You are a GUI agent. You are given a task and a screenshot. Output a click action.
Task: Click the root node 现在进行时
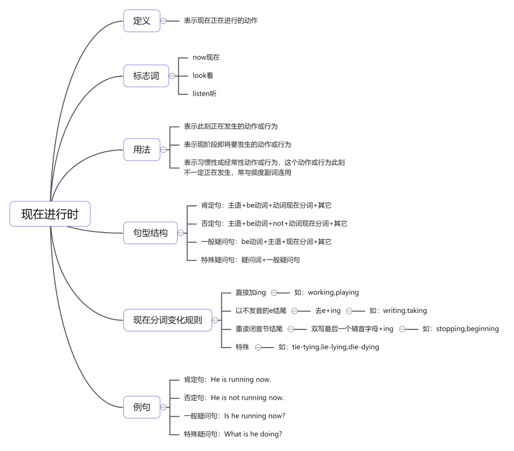coord(50,214)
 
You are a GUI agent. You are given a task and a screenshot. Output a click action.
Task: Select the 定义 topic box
coord(142,21)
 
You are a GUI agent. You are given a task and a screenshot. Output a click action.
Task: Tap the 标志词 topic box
coord(146,76)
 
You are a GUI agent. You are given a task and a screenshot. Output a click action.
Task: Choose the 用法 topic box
coord(142,150)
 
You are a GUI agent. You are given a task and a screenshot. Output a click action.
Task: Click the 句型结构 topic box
coord(151,233)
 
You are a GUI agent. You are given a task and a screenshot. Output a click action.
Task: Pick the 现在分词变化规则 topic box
coord(168,320)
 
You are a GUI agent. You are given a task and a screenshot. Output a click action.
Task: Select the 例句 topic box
coord(142,407)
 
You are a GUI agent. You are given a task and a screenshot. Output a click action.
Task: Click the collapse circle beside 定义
coord(163,21)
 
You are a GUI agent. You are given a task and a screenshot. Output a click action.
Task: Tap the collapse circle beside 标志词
coord(172,76)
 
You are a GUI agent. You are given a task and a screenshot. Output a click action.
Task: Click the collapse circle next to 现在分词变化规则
coord(215,320)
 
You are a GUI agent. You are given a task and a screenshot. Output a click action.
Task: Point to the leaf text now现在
coord(206,57)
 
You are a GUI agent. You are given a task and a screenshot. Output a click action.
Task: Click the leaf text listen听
coord(205,94)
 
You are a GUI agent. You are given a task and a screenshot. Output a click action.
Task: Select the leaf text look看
coord(203,76)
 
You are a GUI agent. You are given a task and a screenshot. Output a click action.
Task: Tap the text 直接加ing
coord(251,293)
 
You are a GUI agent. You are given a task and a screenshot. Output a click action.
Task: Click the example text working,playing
coord(333,293)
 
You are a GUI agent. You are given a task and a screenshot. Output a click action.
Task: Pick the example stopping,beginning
coord(467,329)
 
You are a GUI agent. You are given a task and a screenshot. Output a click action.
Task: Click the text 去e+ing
coord(328,310)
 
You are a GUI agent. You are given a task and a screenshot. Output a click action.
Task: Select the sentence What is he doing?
coord(253,434)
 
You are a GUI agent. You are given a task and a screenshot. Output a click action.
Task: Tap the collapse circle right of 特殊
coord(259,347)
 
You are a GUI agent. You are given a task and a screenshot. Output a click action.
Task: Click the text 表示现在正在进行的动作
coord(221,21)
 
